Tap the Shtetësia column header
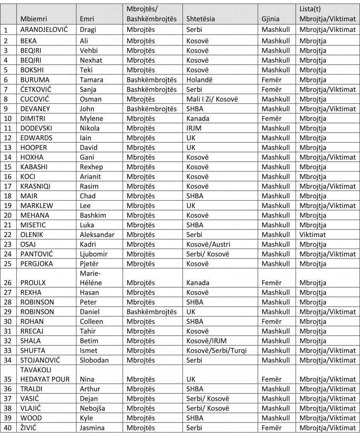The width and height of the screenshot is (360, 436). pos(203,18)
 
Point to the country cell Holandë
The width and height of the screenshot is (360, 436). pos(200,80)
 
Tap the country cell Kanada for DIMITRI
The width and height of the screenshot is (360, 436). pos(198,119)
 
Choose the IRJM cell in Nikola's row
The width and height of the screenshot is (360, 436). pos(194,128)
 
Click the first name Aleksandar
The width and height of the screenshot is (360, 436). pos(97,235)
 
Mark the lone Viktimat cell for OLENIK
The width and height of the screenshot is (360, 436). pos(312,235)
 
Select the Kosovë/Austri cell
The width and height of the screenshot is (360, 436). pos(208,244)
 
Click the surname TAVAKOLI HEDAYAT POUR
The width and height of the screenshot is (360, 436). pos(44,374)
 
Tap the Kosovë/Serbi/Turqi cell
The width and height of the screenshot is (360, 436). pos(216,350)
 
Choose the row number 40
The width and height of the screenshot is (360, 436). pos(8,428)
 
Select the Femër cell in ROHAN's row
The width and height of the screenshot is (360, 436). pos(272,321)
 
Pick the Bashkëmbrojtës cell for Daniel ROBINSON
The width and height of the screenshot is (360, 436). pos(152,312)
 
